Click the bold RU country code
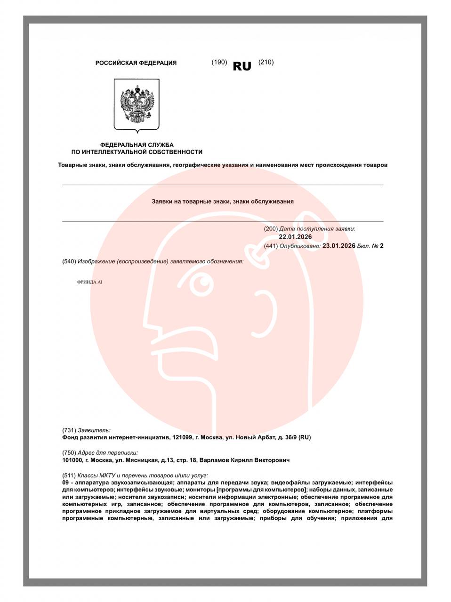(x=242, y=66)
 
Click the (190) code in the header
(x=219, y=62)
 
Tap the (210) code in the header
(x=266, y=62)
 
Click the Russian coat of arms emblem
(x=137, y=105)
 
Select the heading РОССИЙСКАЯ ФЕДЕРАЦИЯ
(x=136, y=63)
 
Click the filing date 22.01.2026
(x=295, y=237)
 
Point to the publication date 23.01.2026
(x=338, y=246)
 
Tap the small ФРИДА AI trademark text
(x=89, y=282)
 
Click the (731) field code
(x=69, y=430)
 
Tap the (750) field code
(x=69, y=453)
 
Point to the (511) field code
(x=69, y=475)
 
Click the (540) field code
(x=69, y=261)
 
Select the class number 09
(x=65, y=483)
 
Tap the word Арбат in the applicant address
(x=266, y=437)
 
